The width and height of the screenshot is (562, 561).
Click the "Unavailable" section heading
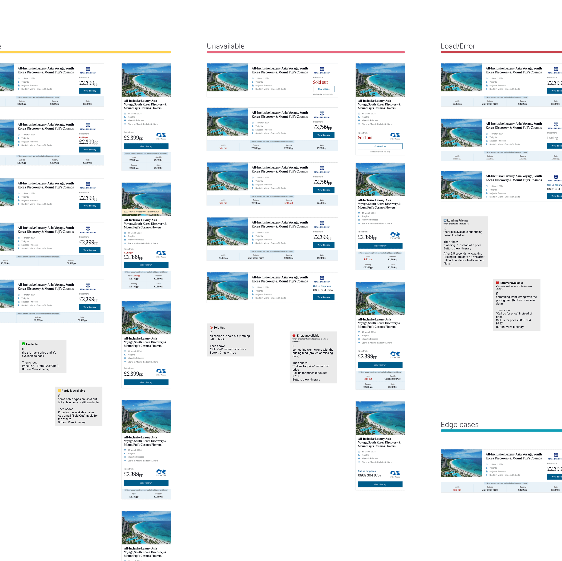point(225,46)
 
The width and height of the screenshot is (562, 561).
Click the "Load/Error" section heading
point(458,46)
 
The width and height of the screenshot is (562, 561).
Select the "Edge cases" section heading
point(459,425)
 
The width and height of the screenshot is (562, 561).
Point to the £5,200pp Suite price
point(321,203)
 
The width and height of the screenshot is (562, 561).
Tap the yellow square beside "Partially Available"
point(59,391)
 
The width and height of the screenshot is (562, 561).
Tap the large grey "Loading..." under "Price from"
point(553,138)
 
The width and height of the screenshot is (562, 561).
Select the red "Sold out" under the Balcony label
point(289,203)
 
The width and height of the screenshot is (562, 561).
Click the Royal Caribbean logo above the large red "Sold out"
point(322,70)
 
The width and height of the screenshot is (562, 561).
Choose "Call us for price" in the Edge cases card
point(490,490)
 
